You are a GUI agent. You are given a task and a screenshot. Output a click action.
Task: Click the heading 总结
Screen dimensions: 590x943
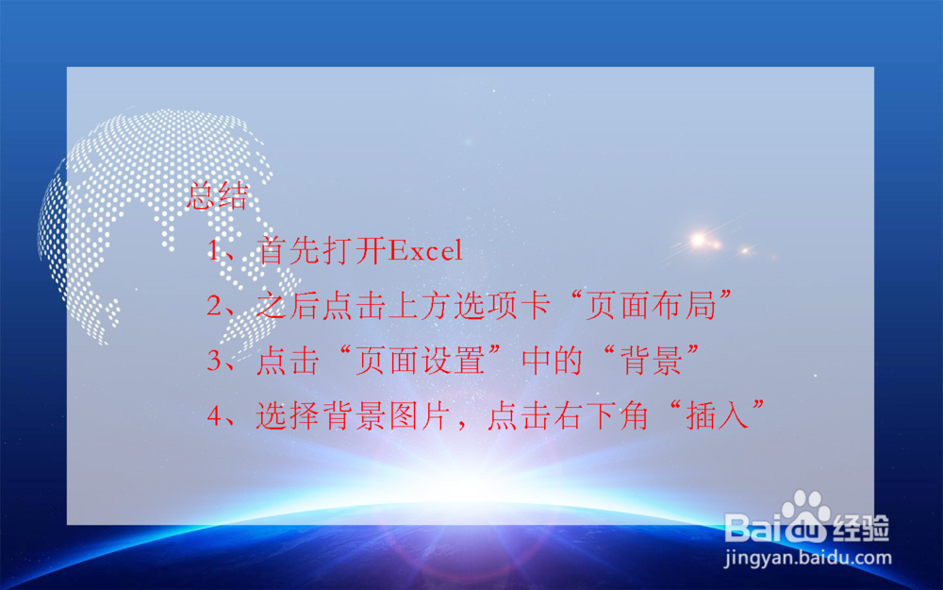click(218, 196)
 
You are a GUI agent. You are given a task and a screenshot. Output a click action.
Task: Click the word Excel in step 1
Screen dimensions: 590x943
click(425, 251)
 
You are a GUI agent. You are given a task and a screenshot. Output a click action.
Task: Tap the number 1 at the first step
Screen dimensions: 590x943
click(216, 252)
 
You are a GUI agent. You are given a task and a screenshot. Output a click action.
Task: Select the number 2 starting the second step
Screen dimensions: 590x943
click(216, 307)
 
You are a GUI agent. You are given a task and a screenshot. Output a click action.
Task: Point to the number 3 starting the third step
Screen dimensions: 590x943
click(216, 362)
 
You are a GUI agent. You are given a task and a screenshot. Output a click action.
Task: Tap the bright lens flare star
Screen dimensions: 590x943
click(698, 240)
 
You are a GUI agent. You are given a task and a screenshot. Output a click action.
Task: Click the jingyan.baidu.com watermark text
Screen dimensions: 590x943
click(807, 557)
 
